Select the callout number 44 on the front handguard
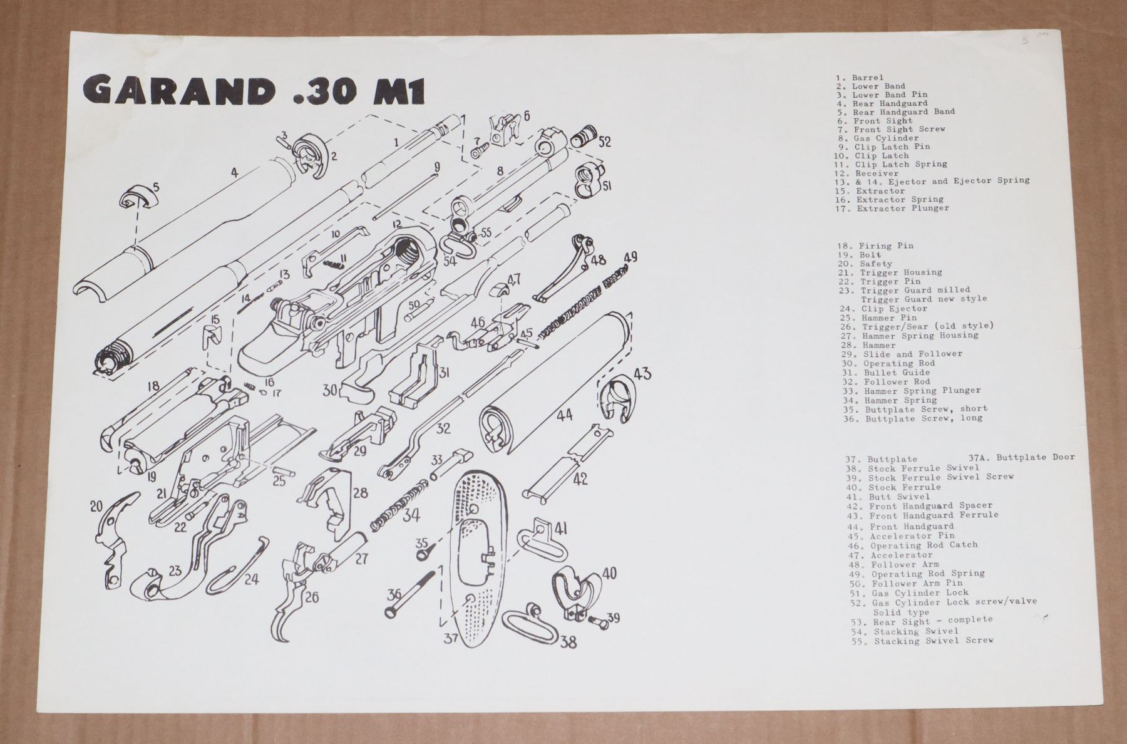[x=564, y=415]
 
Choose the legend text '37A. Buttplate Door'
[x=1021, y=457]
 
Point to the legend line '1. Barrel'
[x=860, y=78]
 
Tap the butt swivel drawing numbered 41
[x=539, y=535]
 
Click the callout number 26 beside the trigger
[x=311, y=596]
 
